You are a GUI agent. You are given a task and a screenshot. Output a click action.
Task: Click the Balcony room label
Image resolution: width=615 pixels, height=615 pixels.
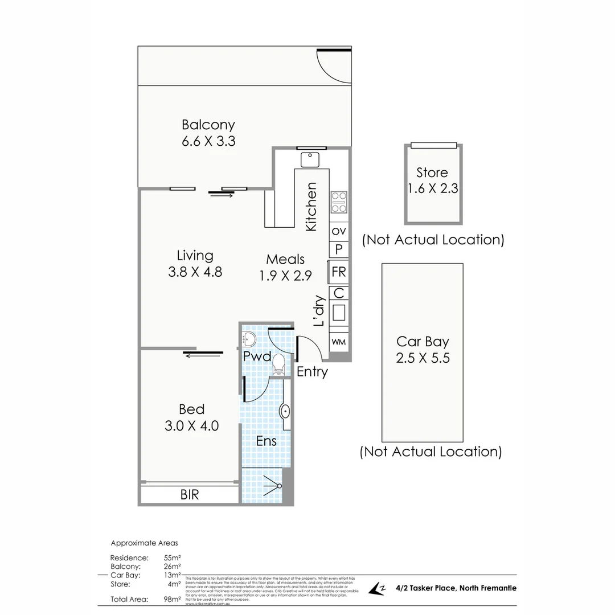point(208,124)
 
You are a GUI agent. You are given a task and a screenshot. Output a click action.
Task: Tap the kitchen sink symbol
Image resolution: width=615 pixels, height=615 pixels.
point(310,159)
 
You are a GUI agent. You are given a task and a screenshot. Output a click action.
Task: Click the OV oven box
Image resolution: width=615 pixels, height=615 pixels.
point(339,231)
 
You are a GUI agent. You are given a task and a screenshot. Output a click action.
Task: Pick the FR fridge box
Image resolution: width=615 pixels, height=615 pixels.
point(339,272)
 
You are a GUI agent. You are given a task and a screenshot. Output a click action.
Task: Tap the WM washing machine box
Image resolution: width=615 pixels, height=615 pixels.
point(339,342)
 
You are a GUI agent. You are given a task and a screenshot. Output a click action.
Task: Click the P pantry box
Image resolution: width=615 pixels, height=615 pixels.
point(339,249)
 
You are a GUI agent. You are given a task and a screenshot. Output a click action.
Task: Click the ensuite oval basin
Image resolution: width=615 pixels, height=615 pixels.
point(286,411)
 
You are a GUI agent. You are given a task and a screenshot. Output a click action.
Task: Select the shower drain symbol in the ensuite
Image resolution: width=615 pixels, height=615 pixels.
point(278,485)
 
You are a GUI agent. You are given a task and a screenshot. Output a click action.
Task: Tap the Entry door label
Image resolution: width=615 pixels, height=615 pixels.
point(312,372)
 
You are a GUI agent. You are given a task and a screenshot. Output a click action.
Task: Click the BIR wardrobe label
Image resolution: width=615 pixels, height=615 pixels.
point(190,495)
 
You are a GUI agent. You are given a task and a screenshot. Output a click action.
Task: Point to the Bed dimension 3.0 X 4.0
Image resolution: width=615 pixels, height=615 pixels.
point(192,425)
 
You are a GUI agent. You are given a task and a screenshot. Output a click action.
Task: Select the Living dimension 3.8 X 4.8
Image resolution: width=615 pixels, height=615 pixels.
point(195,272)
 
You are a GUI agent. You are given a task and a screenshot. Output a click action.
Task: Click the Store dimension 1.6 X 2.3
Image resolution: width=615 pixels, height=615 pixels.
point(432,188)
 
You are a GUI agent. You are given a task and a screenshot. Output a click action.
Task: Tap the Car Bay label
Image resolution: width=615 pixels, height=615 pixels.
point(423,342)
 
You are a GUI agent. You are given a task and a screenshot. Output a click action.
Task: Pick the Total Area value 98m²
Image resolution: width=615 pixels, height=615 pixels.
point(172,599)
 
